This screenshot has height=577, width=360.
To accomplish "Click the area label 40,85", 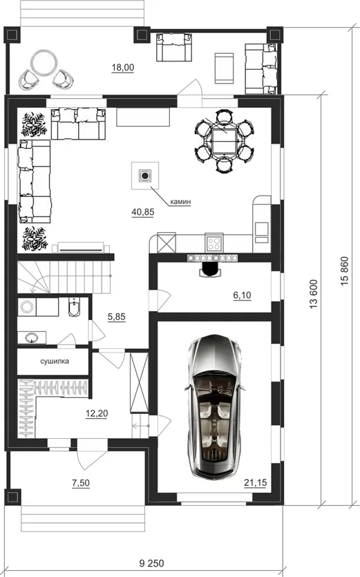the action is (x=143, y=212).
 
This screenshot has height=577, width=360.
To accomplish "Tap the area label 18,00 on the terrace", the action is (x=123, y=67).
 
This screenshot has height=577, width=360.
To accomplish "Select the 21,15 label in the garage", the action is (x=256, y=482).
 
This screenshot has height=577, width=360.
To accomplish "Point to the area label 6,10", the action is (x=243, y=295).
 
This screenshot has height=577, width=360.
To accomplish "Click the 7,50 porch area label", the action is (x=81, y=483).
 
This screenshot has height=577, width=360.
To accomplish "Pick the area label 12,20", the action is (x=97, y=414).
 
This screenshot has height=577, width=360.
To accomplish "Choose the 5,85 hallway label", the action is (x=117, y=316).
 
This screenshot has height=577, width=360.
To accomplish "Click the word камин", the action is (x=180, y=202).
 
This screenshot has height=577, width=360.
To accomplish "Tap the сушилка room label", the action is (x=55, y=361).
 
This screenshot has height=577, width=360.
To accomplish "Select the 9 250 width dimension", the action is (x=152, y=563).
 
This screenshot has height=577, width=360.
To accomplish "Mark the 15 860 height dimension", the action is (x=345, y=272).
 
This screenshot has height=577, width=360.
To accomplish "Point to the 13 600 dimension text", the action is (x=314, y=294).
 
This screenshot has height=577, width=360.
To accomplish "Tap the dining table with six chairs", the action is (x=224, y=141).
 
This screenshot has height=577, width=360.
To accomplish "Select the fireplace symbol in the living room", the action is (x=145, y=176).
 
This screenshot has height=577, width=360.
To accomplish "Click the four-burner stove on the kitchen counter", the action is (x=214, y=243).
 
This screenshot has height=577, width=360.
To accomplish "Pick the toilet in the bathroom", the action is (x=75, y=308).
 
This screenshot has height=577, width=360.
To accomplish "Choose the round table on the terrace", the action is (x=44, y=64).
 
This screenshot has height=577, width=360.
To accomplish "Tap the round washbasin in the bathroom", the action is (x=32, y=337).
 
